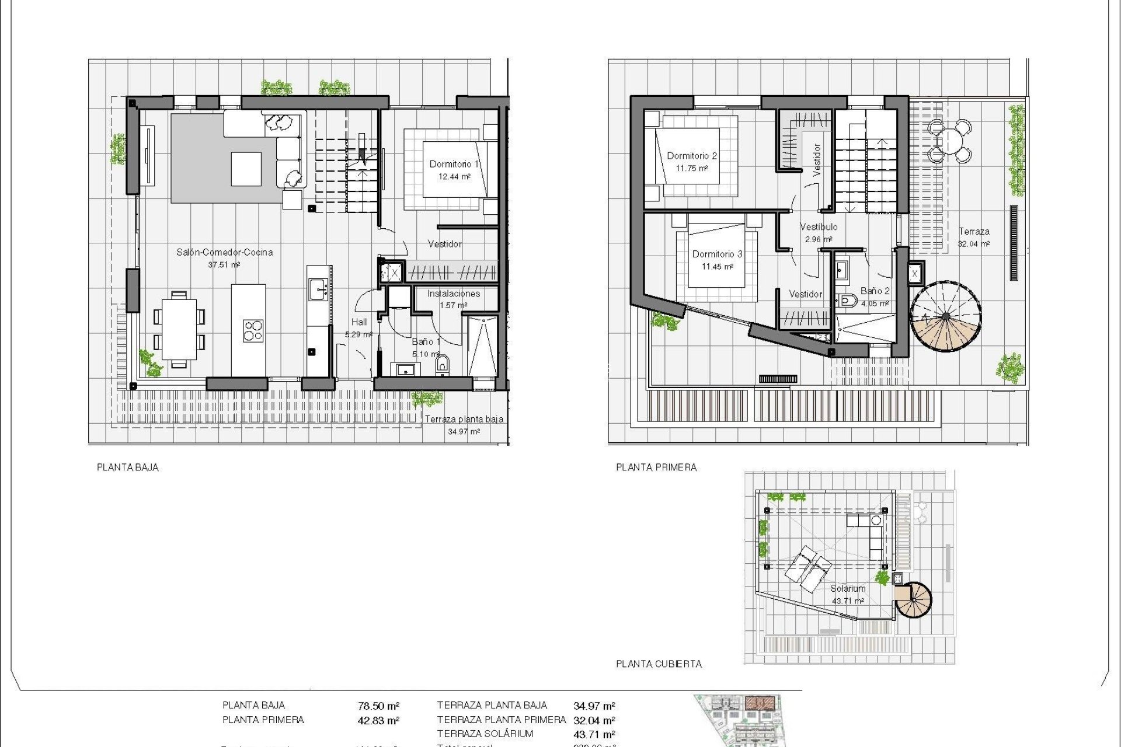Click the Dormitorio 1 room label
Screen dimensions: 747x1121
click(x=454, y=165)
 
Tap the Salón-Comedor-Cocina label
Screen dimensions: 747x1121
click(x=224, y=253)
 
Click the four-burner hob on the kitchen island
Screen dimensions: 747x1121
click(x=253, y=330)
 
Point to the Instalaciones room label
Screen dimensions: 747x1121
click(x=453, y=294)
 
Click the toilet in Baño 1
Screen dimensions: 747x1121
click(x=442, y=365)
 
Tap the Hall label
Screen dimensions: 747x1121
click(x=359, y=322)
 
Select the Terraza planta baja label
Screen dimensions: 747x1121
click(x=464, y=419)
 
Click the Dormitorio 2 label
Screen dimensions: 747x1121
click(x=691, y=156)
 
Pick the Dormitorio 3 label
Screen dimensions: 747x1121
click(x=717, y=254)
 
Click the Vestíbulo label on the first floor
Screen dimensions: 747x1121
click(x=818, y=227)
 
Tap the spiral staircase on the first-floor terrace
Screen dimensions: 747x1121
click(x=945, y=317)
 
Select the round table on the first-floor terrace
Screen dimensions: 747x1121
click(x=951, y=141)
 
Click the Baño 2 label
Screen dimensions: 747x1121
click(x=875, y=291)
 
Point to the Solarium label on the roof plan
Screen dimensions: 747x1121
click(x=847, y=589)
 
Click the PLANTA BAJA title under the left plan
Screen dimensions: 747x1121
click(x=127, y=467)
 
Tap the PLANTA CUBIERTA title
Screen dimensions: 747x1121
click(x=659, y=664)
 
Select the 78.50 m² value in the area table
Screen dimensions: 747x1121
click(x=378, y=706)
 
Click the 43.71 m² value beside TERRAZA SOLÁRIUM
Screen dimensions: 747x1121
click(x=594, y=735)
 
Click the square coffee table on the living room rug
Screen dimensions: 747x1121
click(x=246, y=169)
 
